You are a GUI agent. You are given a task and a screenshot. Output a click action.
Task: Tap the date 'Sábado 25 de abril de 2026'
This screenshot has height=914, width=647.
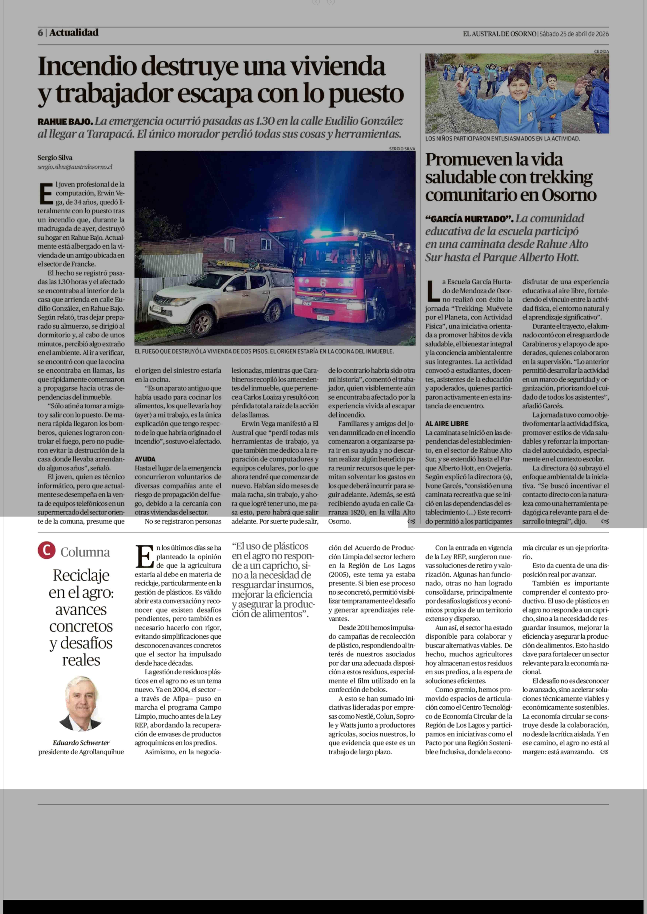click(x=574, y=34)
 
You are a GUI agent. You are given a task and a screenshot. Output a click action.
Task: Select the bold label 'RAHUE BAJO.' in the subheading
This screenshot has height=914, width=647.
click(x=65, y=121)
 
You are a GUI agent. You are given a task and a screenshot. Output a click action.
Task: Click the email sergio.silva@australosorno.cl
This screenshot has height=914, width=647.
click(x=75, y=167)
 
